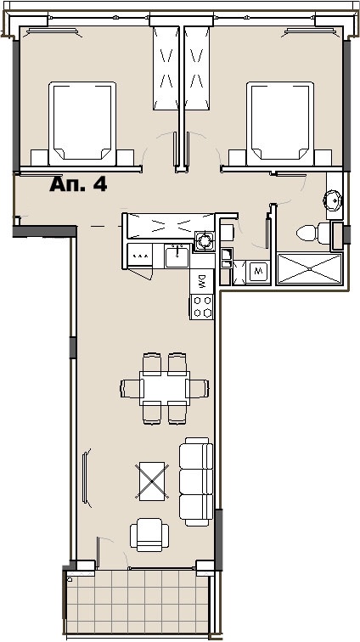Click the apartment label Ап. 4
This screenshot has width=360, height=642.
[78, 184]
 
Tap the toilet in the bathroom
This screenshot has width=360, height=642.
[313, 234]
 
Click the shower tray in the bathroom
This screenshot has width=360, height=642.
[309, 268]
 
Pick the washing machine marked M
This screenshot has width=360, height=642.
[257, 271]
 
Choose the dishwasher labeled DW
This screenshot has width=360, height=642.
[202, 281]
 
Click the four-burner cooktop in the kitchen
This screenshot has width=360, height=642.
[202, 307]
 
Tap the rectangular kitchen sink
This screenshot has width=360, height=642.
[177, 256]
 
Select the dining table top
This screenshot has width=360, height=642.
[165, 388]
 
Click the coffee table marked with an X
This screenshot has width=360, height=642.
[151, 481]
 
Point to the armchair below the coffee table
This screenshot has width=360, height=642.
[149, 535]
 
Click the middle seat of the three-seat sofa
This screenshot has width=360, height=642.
[196, 481]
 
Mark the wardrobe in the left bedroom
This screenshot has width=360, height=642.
[166, 68]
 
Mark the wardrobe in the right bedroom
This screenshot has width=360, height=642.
[197, 68]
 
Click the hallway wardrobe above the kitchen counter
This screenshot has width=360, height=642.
[169, 225]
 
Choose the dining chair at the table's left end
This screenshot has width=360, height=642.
[132, 388]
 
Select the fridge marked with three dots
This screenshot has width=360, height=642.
[139, 256]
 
